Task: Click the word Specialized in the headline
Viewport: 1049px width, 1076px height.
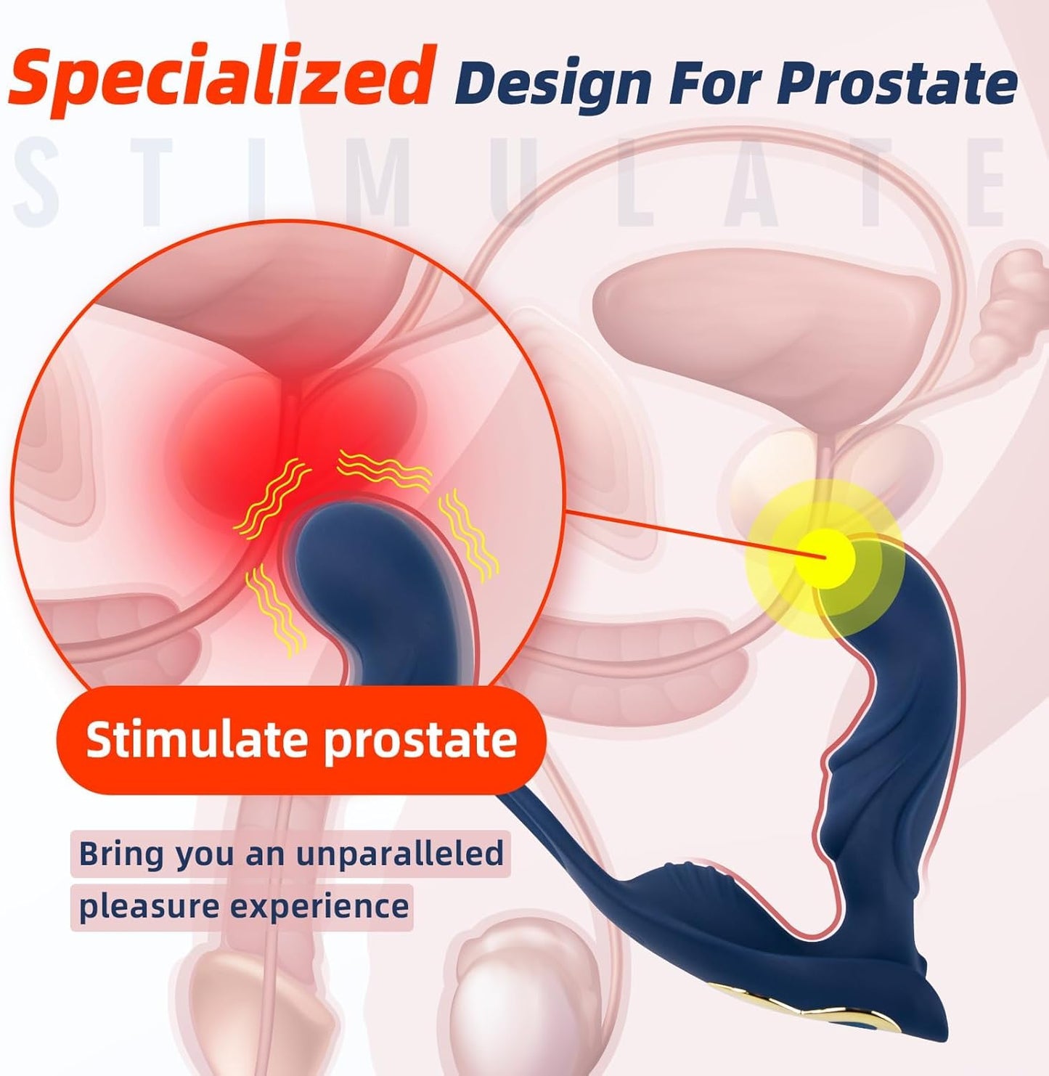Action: pyautogui.click(x=219, y=76)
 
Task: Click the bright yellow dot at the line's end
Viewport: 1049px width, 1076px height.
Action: pyautogui.click(x=825, y=558)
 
